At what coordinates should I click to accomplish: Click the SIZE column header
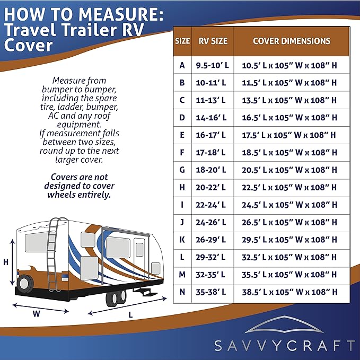tap(182, 41)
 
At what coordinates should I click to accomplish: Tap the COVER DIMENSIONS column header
tap(291, 41)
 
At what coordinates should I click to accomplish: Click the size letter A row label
tap(182, 65)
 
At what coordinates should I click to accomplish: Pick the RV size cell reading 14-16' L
tap(212, 117)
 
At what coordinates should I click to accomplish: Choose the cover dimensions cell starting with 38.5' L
tap(291, 292)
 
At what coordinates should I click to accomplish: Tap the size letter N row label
tap(182, 292)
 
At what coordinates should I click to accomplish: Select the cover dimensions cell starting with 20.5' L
tap(291, 170)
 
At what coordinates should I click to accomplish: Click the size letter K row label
tap(182, 239)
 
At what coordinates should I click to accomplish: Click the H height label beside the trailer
tap(6, 262)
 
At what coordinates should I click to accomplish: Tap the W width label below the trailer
tap(36, 313)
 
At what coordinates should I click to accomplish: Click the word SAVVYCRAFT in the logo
tap(284, 346)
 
